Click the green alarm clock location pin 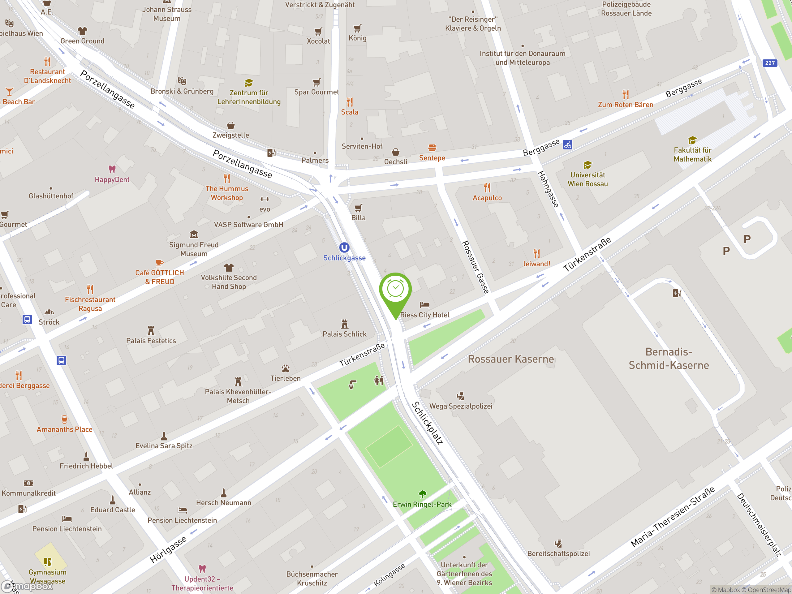tap(395, 290)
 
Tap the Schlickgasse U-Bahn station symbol tap(344, 247)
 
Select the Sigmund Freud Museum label tap(194, 249)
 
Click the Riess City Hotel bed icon tap(425, 305)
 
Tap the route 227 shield tap(770, 63)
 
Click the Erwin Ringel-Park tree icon tap(423, 494)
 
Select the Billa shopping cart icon tap(358, 208)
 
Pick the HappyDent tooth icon tap(112, 169)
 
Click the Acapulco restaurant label tap(487, 198)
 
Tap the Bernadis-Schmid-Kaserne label tap(669, 358)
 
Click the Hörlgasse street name tap(168, 549)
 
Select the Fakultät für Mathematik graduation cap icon tap(692, 140)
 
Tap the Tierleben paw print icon tap(285, 368)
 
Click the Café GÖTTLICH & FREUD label tap(160, 277)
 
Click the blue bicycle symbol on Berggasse tap(567, 145)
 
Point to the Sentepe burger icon tap(432, 148)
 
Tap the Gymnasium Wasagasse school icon tap(48, 562)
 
